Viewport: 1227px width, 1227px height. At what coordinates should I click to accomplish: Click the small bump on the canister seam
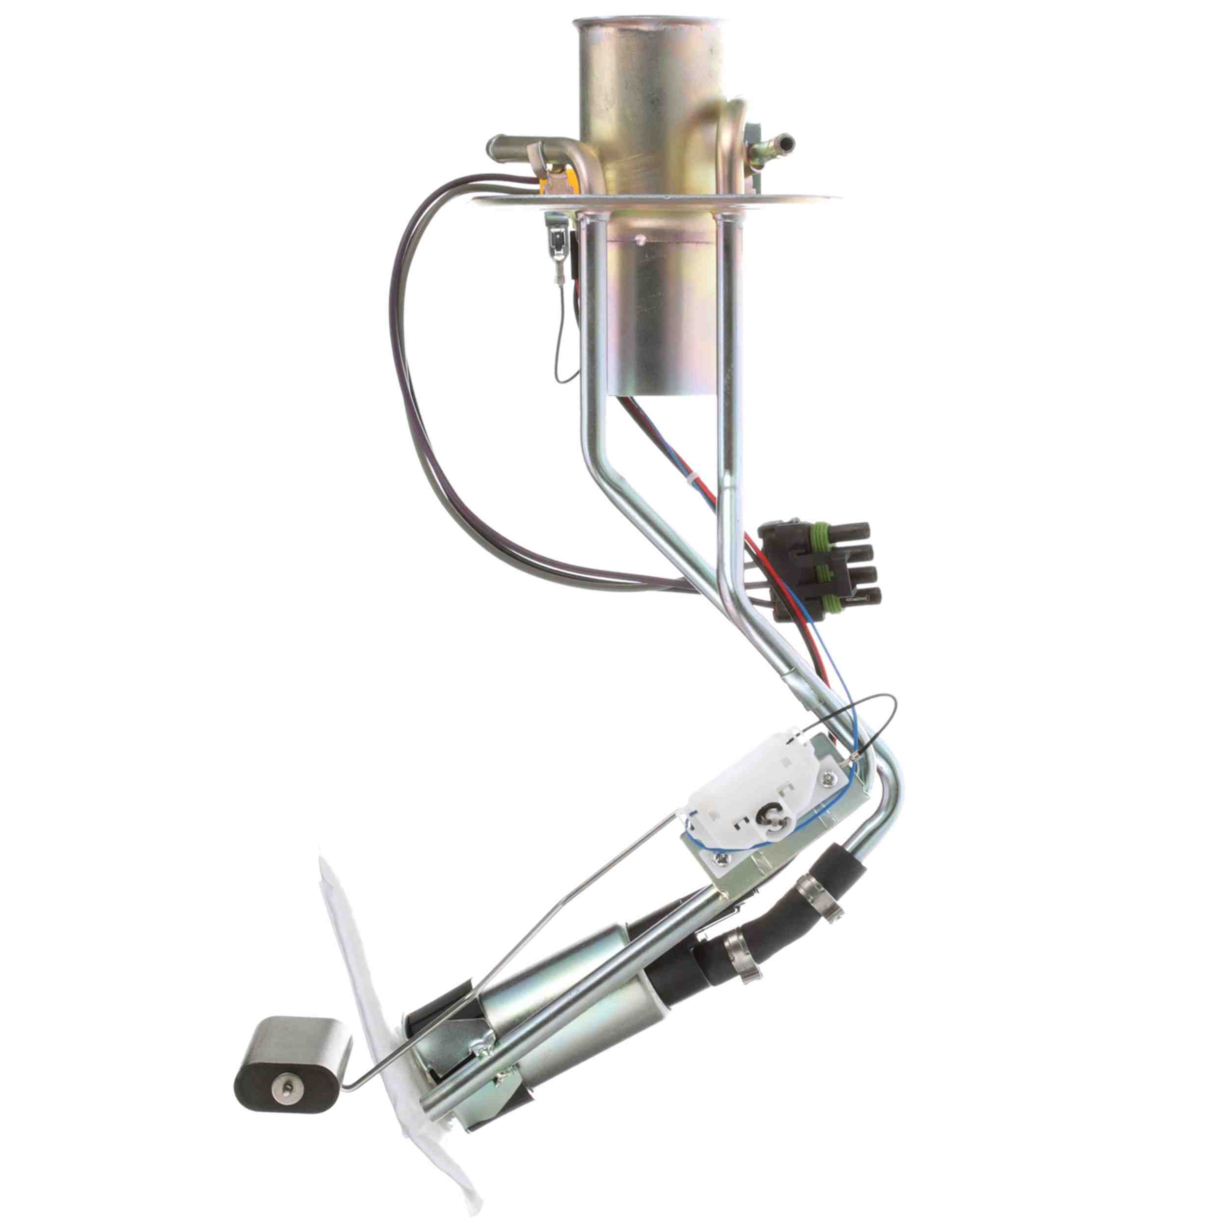(642, 240)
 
